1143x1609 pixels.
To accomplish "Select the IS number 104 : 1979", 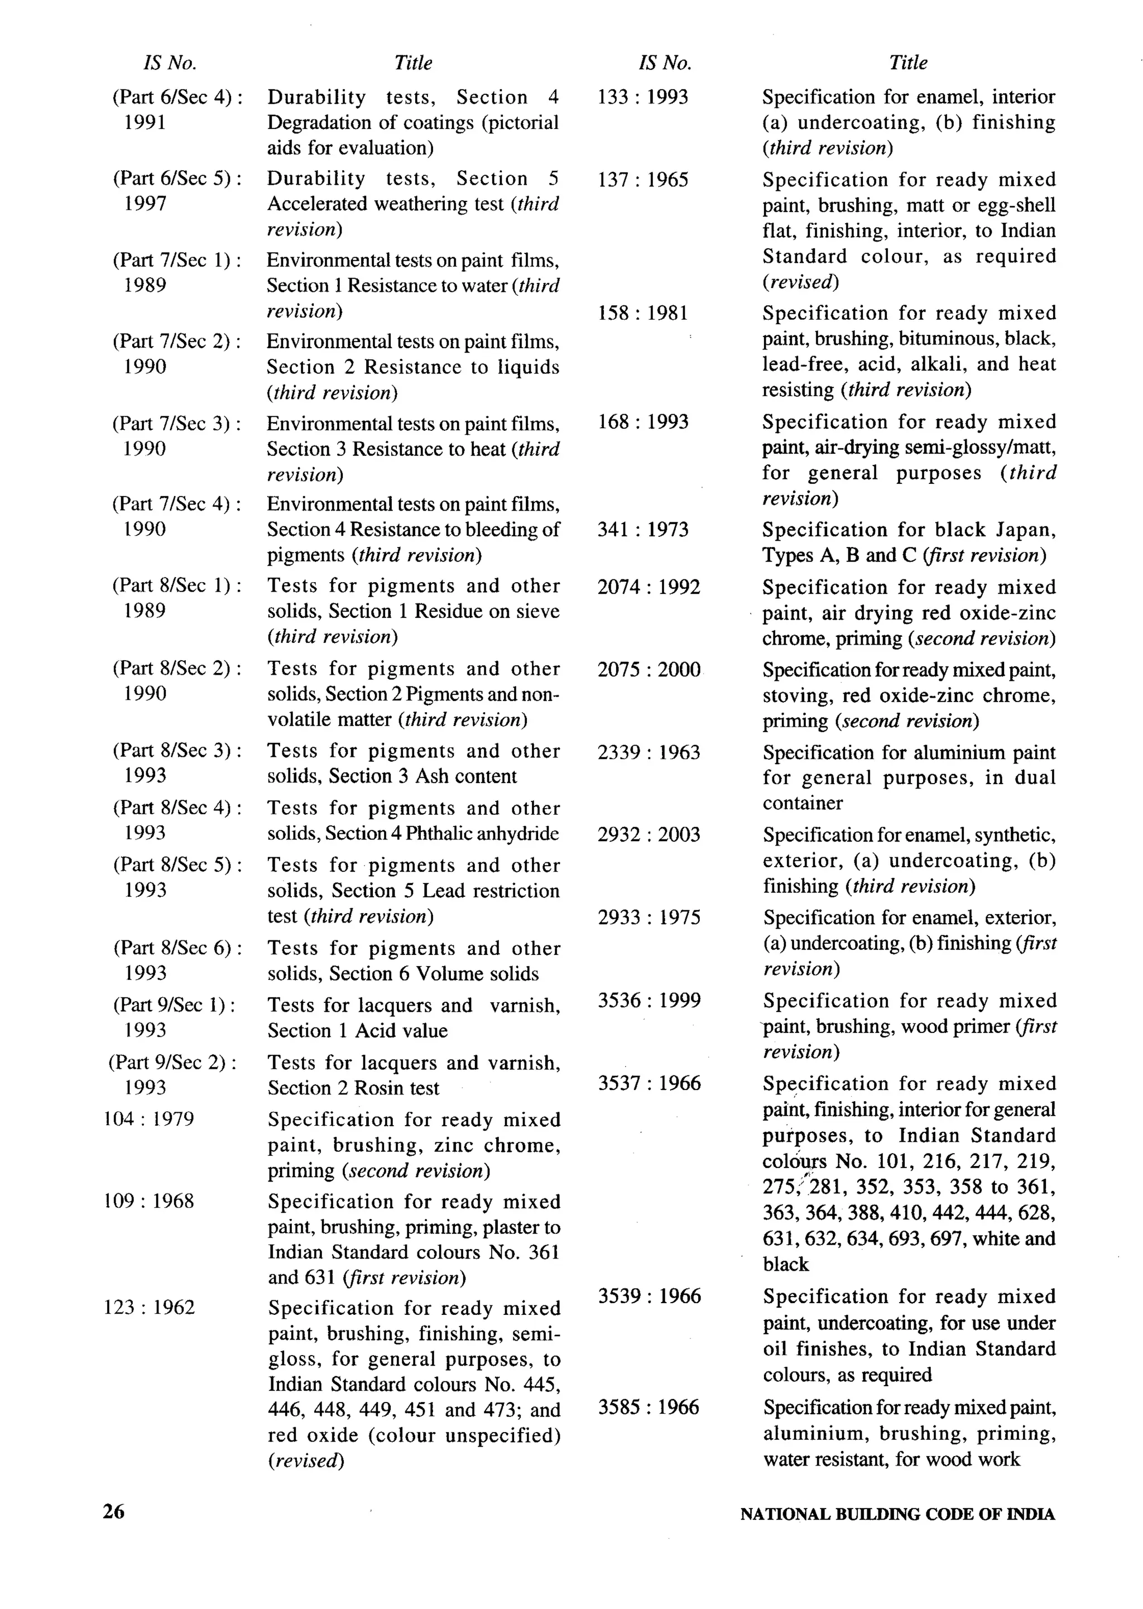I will click(148, 1119).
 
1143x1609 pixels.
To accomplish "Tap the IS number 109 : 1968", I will click(148, 1201).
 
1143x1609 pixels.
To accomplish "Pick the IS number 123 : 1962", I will click(148, 1308).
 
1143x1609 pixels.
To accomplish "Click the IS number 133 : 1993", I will click(642, 97).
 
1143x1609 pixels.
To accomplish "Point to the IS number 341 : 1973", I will click(642, 529).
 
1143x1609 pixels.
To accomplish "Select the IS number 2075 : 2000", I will click(649, 669).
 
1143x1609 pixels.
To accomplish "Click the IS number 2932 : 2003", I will click(649, 835).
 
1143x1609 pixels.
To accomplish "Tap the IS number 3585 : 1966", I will click(649, 1408).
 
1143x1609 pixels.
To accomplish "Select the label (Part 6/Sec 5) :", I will click(177, 179).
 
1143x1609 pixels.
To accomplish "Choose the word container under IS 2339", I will click(803, 803).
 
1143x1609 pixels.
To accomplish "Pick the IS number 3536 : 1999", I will click(649, 1000).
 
